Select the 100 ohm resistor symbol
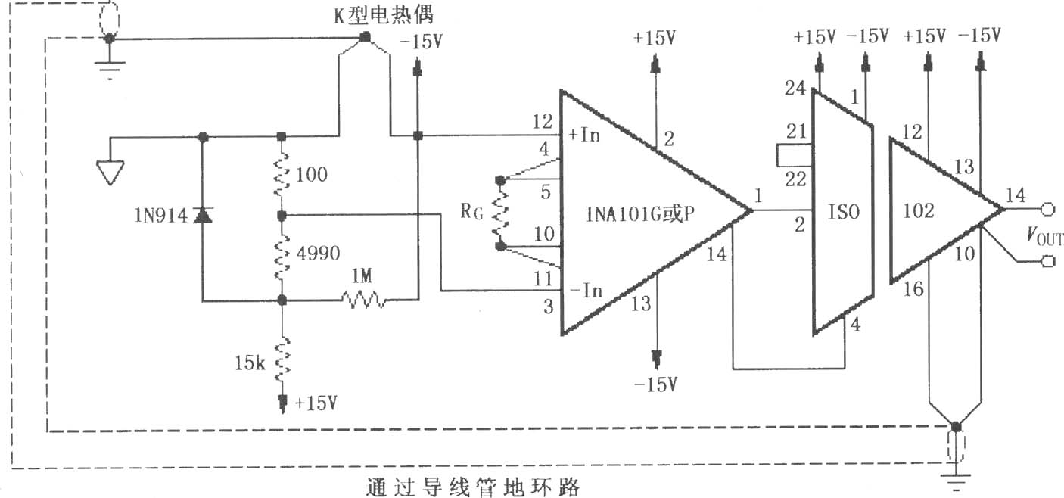[282, 174]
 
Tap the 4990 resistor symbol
[282, 257]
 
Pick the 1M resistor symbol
[363, 300]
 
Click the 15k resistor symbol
[282, 361]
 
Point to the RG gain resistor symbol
[500, 213]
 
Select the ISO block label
[844, 212]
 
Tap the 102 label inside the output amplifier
[919, 210]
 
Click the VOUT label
[1044, 235]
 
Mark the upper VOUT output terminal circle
[1048, 210]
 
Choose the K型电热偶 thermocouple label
[384, 15]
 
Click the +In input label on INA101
[585, 135]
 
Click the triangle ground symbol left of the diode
[110, 172]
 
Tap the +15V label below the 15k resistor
[316, 403]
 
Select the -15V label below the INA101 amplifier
[656, 384]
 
